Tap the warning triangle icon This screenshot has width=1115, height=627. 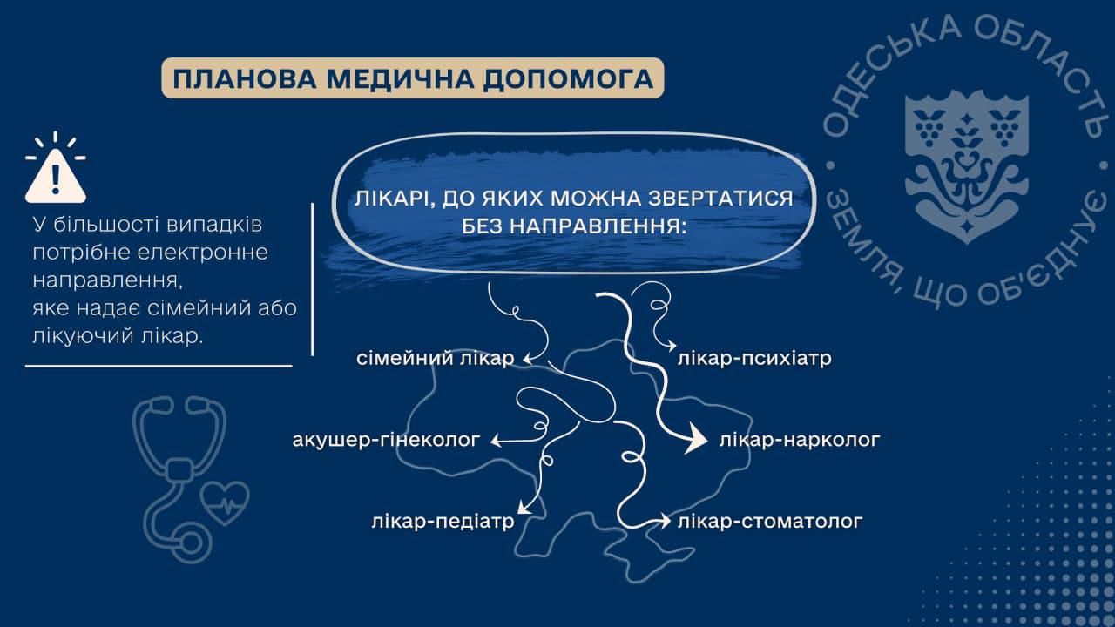56,176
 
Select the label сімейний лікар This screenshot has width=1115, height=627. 435,358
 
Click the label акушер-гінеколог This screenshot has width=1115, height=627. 386,440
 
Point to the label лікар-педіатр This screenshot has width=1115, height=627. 443,522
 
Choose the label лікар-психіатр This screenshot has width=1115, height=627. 754,358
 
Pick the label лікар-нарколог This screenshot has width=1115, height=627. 800,440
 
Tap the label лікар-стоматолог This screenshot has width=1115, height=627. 769,522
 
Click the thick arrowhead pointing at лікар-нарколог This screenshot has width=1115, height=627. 695,440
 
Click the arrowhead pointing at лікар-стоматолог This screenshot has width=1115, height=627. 666,521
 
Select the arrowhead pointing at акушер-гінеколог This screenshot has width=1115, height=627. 496,441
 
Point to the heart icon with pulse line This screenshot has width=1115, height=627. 225,502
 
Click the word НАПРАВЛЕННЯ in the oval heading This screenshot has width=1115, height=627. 574,227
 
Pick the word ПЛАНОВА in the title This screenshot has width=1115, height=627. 245,78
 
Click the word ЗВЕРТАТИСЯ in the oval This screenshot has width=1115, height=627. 720,199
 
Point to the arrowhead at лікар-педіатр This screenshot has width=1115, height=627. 522,508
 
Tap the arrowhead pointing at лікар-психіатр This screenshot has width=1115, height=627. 672,346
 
